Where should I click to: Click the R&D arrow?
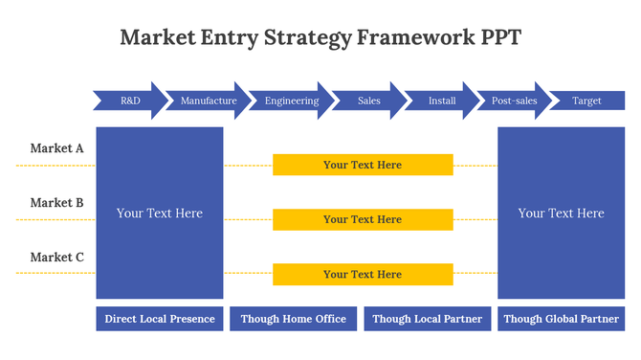coord(130,101)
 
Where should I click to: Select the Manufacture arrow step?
coord(209,101)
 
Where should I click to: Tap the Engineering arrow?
coord(292,101)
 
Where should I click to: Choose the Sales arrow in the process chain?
coord(369,101)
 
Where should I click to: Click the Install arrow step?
coord(442,101)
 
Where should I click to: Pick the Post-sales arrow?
coord(514,101)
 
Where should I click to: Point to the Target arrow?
coord(586,101)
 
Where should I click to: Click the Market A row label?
coord(56,148)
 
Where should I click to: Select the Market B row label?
coord(56,203)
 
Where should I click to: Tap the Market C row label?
coord(56,257)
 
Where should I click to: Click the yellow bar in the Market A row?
coord(363,165)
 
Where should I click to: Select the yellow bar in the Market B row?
coord(363,219)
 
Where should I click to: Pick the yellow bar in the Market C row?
coord(363,274)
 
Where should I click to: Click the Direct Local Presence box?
coord(160,319)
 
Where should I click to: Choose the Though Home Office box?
coord(294,319)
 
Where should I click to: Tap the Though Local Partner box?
coord(428,319)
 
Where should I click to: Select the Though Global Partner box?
coord(562,319)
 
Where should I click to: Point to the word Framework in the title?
coord(417,37)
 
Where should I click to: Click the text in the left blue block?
coord(160,214)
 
